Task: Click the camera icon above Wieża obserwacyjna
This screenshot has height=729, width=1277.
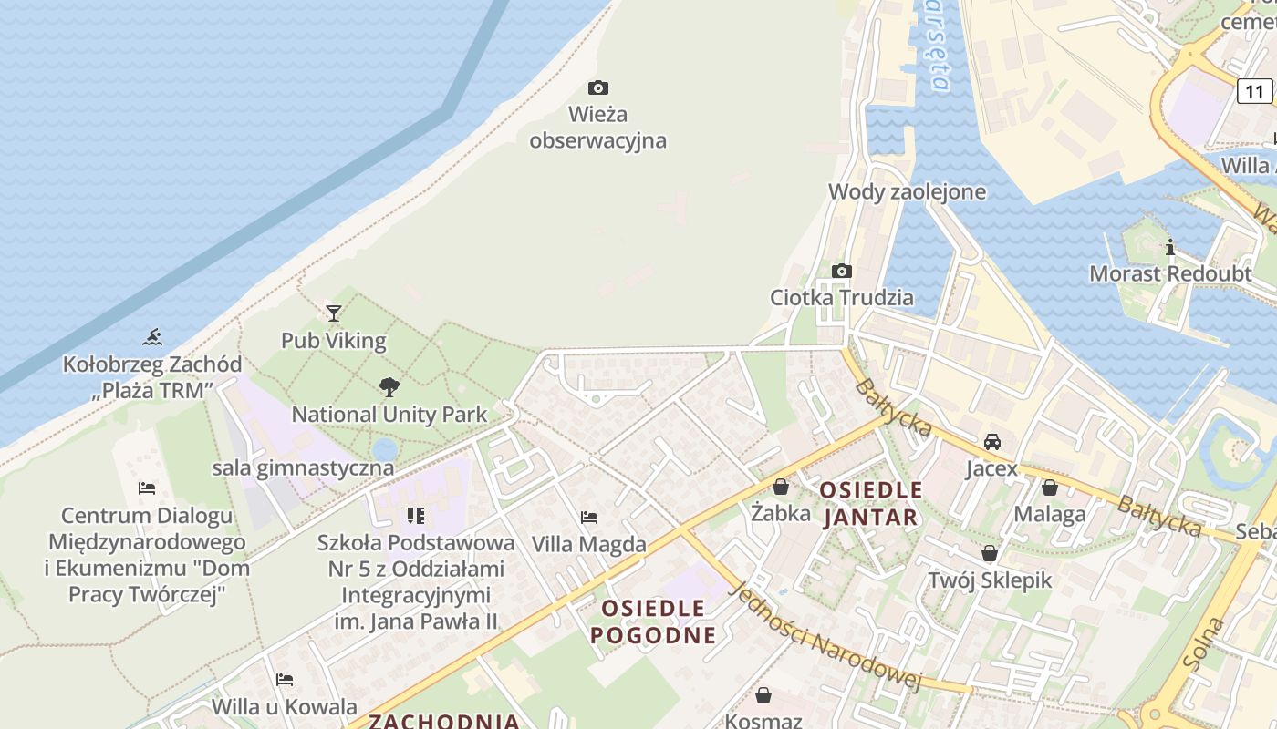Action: point(598,88)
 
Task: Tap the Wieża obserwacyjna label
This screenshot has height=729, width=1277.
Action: point(598,128)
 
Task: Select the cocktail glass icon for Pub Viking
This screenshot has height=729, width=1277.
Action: point(334,313)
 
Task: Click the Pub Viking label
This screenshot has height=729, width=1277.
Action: point(334,341)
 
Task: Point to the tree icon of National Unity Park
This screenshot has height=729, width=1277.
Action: point(389,387)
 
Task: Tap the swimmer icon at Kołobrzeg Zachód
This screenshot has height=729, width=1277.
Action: point(152,338)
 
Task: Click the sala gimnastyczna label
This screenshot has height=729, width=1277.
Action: point(304,468)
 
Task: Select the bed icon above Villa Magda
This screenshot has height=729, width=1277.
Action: point(589,518)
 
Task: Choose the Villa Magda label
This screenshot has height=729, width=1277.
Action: point(589,545)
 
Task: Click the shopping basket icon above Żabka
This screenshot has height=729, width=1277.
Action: point(781,488)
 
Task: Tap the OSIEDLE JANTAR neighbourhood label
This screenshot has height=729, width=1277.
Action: point(871,504)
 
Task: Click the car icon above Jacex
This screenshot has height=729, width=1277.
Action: point(992,442)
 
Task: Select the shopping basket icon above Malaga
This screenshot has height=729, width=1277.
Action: point(1050,488)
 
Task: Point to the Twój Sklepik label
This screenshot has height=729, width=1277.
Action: point(991,580)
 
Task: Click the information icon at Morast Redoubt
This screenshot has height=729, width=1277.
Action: point(1170,247)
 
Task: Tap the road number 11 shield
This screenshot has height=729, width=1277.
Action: point(1255,91)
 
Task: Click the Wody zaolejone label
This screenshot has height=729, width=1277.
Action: point(908,191)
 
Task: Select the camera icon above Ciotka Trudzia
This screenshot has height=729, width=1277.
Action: point(842,271)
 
